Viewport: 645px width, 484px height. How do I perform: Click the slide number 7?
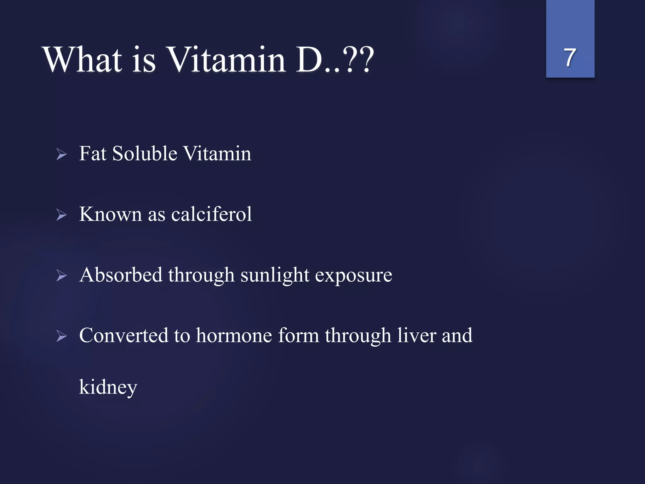click(570, 58)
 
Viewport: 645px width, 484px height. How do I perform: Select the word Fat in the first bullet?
click(93, 154)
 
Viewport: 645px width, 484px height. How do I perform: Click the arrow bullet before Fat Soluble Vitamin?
click(62, 154)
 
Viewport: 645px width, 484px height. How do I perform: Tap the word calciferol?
click(211, 214)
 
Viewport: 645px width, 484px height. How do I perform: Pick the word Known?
click(110, 214)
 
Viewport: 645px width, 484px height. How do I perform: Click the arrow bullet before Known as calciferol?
click(62, 215)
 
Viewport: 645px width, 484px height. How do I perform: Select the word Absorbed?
click(121, 275)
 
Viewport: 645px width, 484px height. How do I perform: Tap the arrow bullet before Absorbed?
click(62, 276)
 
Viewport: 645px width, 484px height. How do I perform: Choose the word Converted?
click(123, 335)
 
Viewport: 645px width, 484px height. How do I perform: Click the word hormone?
click(234, 335)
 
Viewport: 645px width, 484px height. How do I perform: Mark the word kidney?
click(108, 387)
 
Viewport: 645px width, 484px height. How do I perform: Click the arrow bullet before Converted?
click(62, 336)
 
